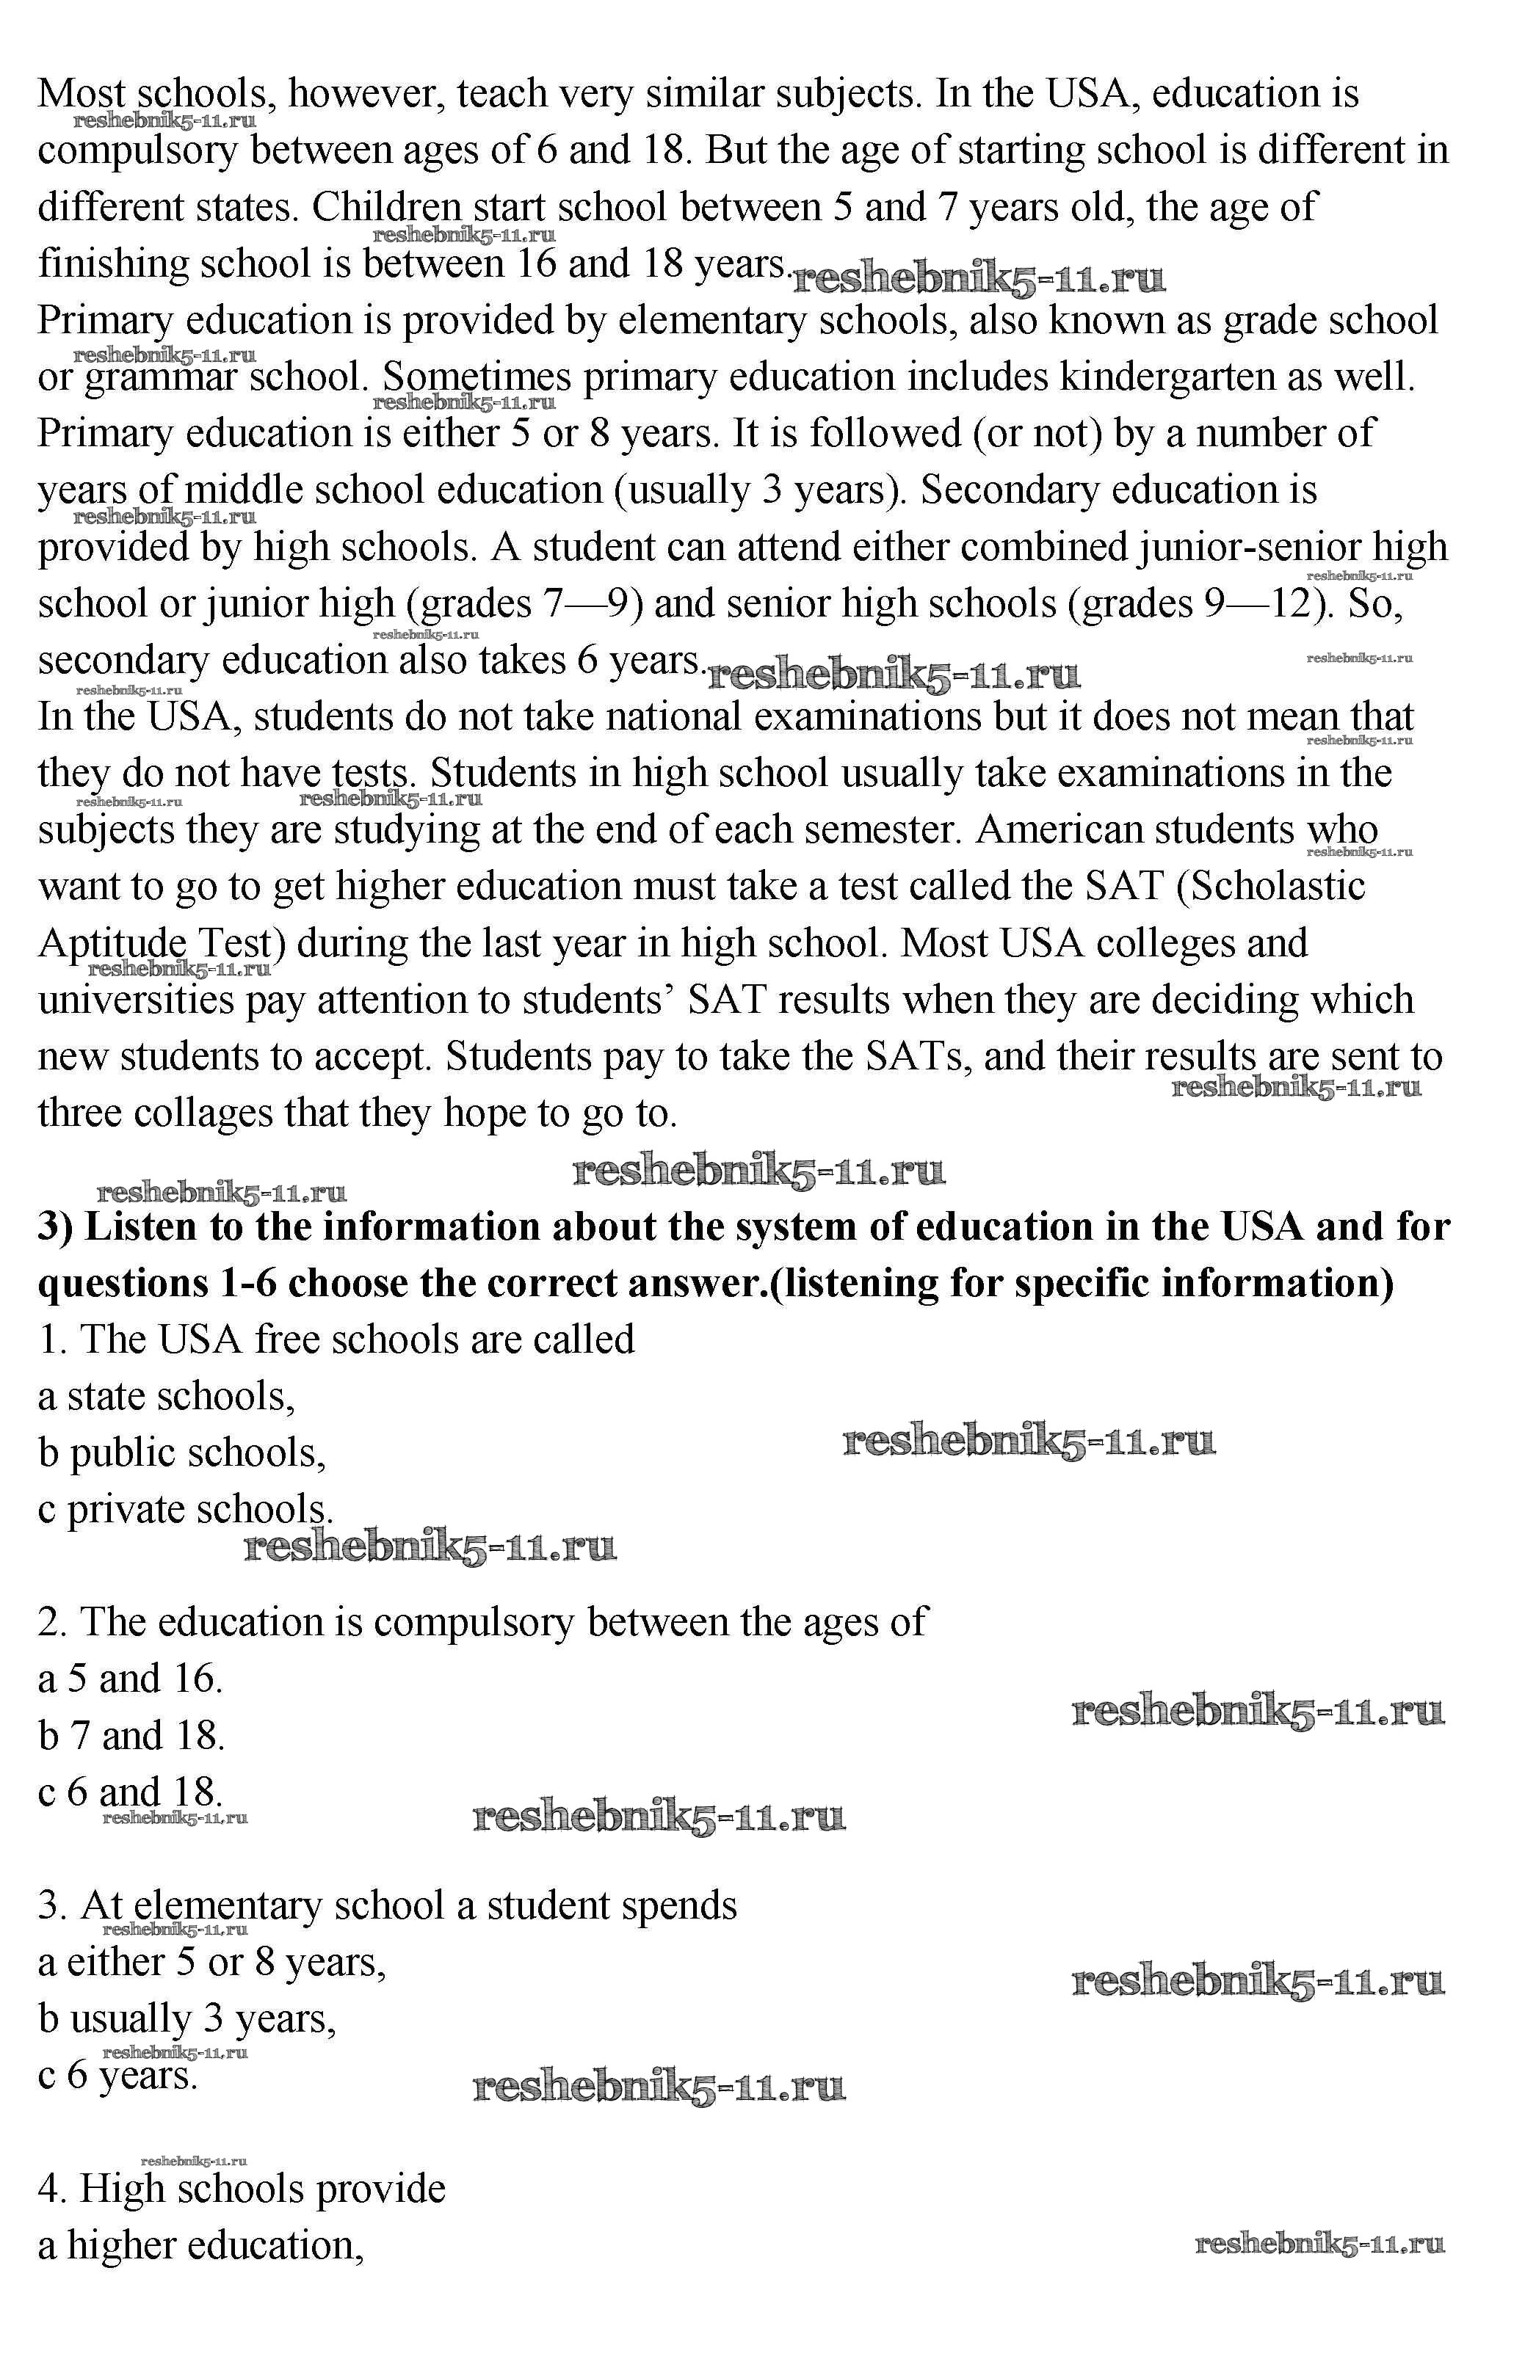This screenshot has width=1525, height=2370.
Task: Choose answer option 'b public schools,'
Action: pyautogui.click(x=182, y=1453)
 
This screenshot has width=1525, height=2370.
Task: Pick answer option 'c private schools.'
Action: pyautogui.click(x=185, y=1510)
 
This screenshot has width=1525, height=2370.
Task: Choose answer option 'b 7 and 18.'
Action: pyautogui.click(x=131, y=1735)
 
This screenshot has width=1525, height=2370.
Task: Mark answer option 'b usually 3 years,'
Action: pyautogui.click(x=188, y=2018)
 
